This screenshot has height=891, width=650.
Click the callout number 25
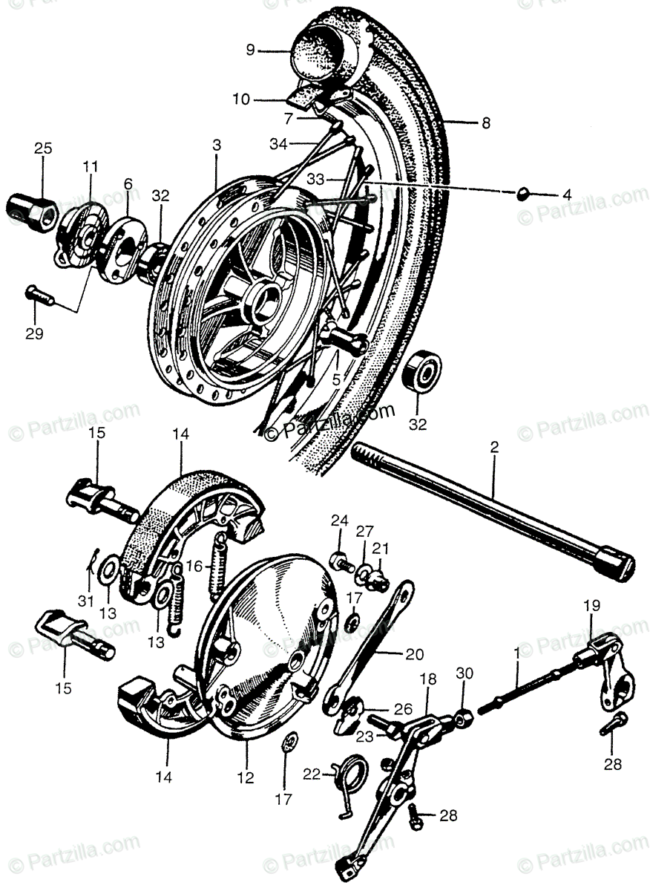coord(42,149)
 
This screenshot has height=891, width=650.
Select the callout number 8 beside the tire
coord(485,124)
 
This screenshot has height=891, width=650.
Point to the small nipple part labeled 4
coord(522,195)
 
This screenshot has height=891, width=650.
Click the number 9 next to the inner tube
coord(251,50)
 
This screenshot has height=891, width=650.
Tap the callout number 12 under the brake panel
coord(246,778)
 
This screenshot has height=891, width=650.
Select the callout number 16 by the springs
coord(194,567)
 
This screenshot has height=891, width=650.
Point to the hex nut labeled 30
coord(465,718)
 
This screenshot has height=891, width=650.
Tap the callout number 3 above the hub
coord(216,146)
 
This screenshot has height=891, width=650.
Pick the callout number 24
coord(339,520)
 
